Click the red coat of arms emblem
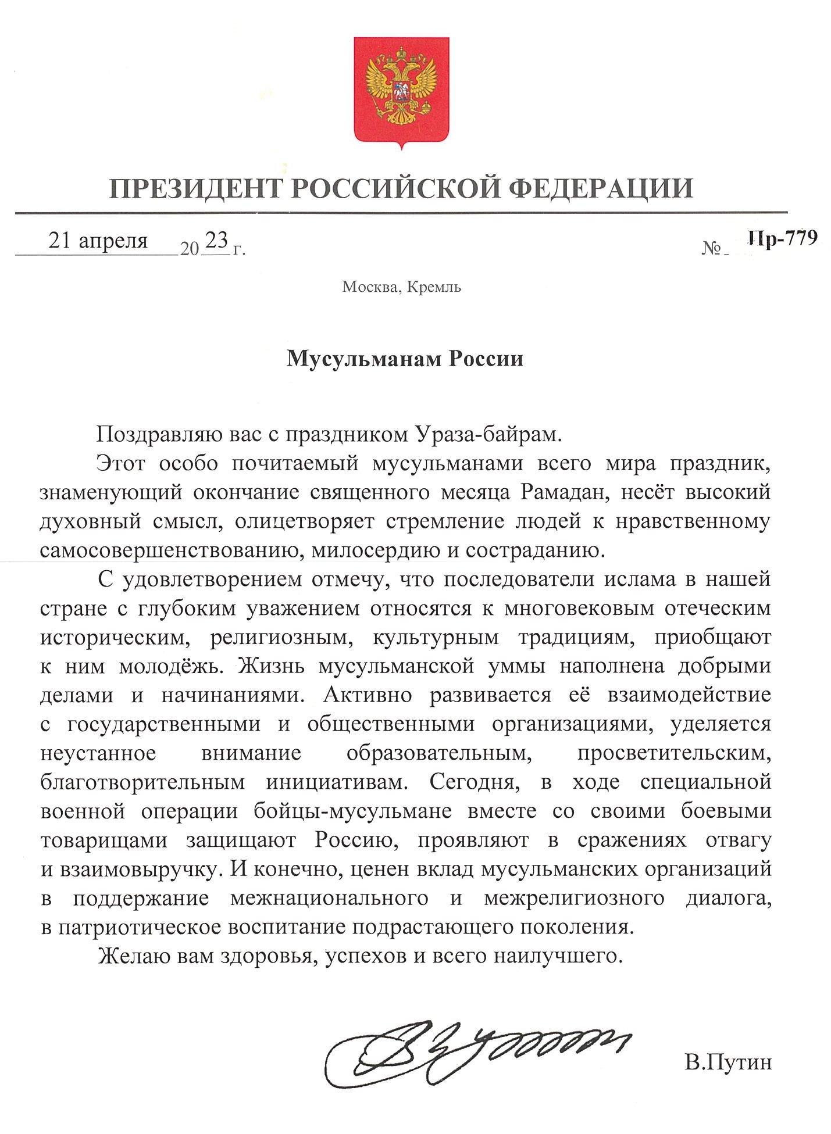(401, 90)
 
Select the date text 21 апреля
(98, 240)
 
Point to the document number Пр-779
(783, 238)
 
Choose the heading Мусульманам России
(405, 359)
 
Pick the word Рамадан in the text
(564, 492)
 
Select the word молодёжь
(171, 666)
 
